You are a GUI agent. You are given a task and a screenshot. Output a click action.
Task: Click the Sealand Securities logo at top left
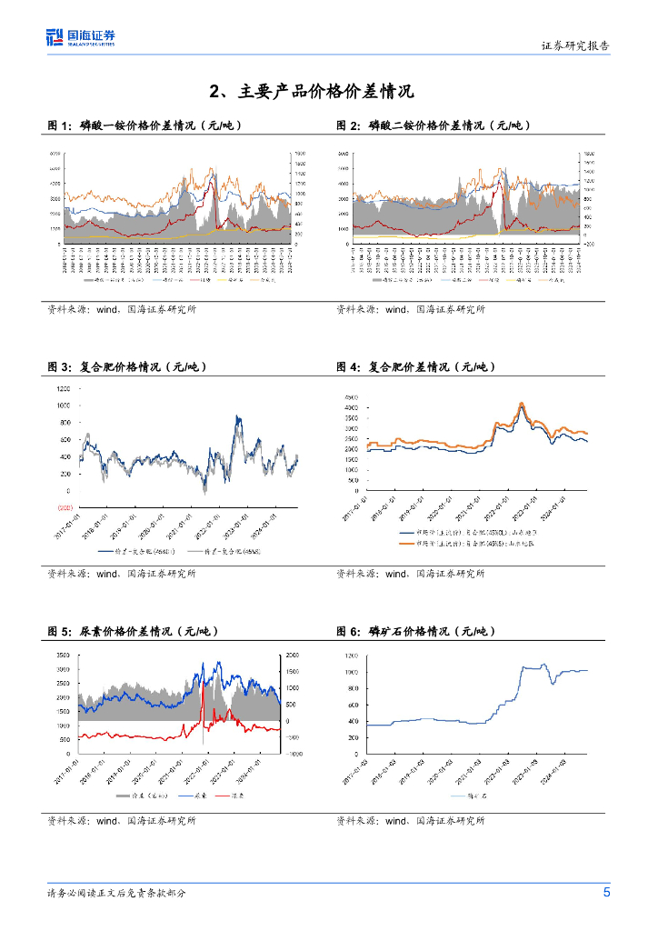tap(81, 37)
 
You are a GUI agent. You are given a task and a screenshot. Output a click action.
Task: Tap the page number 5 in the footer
tap(606, 892)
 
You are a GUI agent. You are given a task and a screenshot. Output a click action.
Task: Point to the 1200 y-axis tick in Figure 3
tap(63, 388)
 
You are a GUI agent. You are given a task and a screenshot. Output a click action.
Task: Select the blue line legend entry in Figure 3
tap(119, 550)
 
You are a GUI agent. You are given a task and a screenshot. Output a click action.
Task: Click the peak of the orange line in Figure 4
tap(522, 403)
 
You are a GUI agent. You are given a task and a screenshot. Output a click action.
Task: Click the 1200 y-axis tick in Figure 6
tap(352, 656)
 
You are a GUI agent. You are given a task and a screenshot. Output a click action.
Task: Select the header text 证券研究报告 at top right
tap(575, 45)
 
